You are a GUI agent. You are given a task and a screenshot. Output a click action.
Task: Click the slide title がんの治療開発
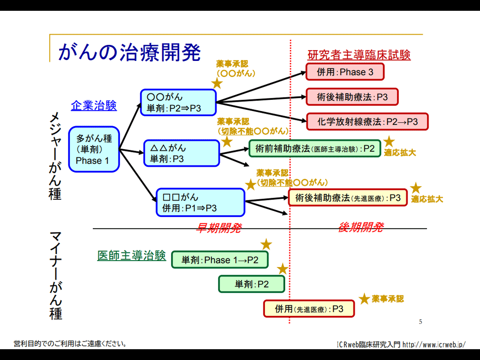point(129,52)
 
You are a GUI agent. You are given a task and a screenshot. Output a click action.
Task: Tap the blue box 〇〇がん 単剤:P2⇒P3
point(178,103)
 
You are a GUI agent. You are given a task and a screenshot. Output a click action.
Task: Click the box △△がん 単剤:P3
point(181,153)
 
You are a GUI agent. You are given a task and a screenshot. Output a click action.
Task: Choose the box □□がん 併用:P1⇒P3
point(200,202)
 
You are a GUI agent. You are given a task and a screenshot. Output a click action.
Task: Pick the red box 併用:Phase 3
point(345,72)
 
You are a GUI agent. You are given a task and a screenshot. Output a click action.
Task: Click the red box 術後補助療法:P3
point(352,97)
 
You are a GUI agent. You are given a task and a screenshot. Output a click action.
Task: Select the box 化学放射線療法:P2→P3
point(367,122)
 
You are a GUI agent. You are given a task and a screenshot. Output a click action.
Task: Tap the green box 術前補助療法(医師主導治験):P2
point(315,149)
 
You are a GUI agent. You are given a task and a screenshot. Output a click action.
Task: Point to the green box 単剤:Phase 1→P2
point(220,260)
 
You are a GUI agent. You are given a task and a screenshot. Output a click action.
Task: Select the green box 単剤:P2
point(251,284)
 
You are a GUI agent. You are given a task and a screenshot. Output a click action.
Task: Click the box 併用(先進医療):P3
point(309,309)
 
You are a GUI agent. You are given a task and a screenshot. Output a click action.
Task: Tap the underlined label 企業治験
point(94,106)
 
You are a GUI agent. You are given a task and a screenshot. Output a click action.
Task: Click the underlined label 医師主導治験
point(131,255)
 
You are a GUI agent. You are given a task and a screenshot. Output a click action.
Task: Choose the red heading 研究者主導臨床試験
point(359,55)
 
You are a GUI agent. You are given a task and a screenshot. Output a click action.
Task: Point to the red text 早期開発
point(218,228)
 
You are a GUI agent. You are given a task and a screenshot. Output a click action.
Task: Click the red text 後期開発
point(360,227)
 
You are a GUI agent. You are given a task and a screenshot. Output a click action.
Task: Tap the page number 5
point(420,322)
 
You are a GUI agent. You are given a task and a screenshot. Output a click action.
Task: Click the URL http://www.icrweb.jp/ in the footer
point(434,345)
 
